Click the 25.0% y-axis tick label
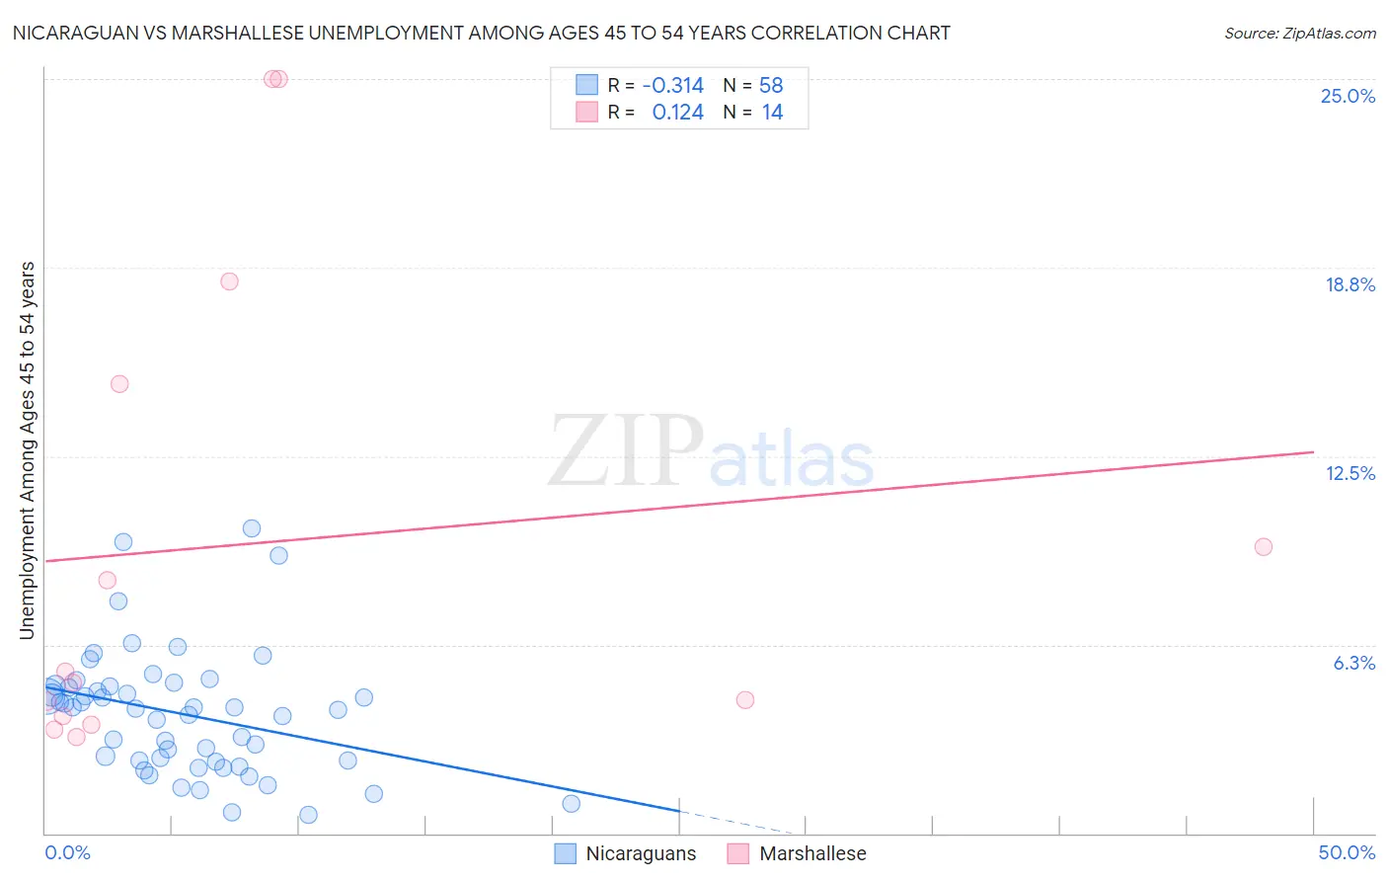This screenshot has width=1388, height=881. pyautogui.click(x=1348, y=96)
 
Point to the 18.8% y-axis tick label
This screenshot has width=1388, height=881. pyautogui.click(x=1349, y=284)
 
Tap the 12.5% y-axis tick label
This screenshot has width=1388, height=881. pyautogui.click(x=1349, y=473)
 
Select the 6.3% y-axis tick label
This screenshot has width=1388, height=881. pyautogui.click(x=1353, y=663)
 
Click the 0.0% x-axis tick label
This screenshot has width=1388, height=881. pyautogui.click(x=67, y=852)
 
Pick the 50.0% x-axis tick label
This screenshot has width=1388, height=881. pyautogui.click(x=1346, y=852)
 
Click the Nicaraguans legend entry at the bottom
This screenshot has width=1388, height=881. pyautogui.click(x=626, y=853)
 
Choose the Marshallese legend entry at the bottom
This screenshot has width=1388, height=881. pyautogui.click(x=797, y=853)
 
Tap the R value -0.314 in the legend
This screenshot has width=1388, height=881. pyautogui.click(x=672, y=86)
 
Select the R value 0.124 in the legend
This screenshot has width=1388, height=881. pyautogui.click(x=677, y=113)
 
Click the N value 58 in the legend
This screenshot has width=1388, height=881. pyautogui.click(x=771, y=86)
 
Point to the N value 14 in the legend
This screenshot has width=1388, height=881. pyautogui.click(x=772, y=113)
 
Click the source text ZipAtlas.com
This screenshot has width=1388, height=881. pyautogui.click(x=1299, y=34)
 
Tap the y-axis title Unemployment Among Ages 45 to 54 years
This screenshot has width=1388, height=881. pyautogui.click(x=28, y=450)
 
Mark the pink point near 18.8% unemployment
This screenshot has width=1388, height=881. pyautogui.click(x=229, y=281)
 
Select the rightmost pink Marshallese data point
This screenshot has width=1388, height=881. pyautogui.click(x=1263, y=547)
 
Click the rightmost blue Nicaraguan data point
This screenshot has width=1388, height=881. pyautogui.click(x=571, y=804)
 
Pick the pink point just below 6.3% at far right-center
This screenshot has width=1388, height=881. pyautogui.click(x=745, y=700)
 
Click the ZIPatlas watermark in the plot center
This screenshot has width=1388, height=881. pyautogui.click(x=711, y=452)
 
